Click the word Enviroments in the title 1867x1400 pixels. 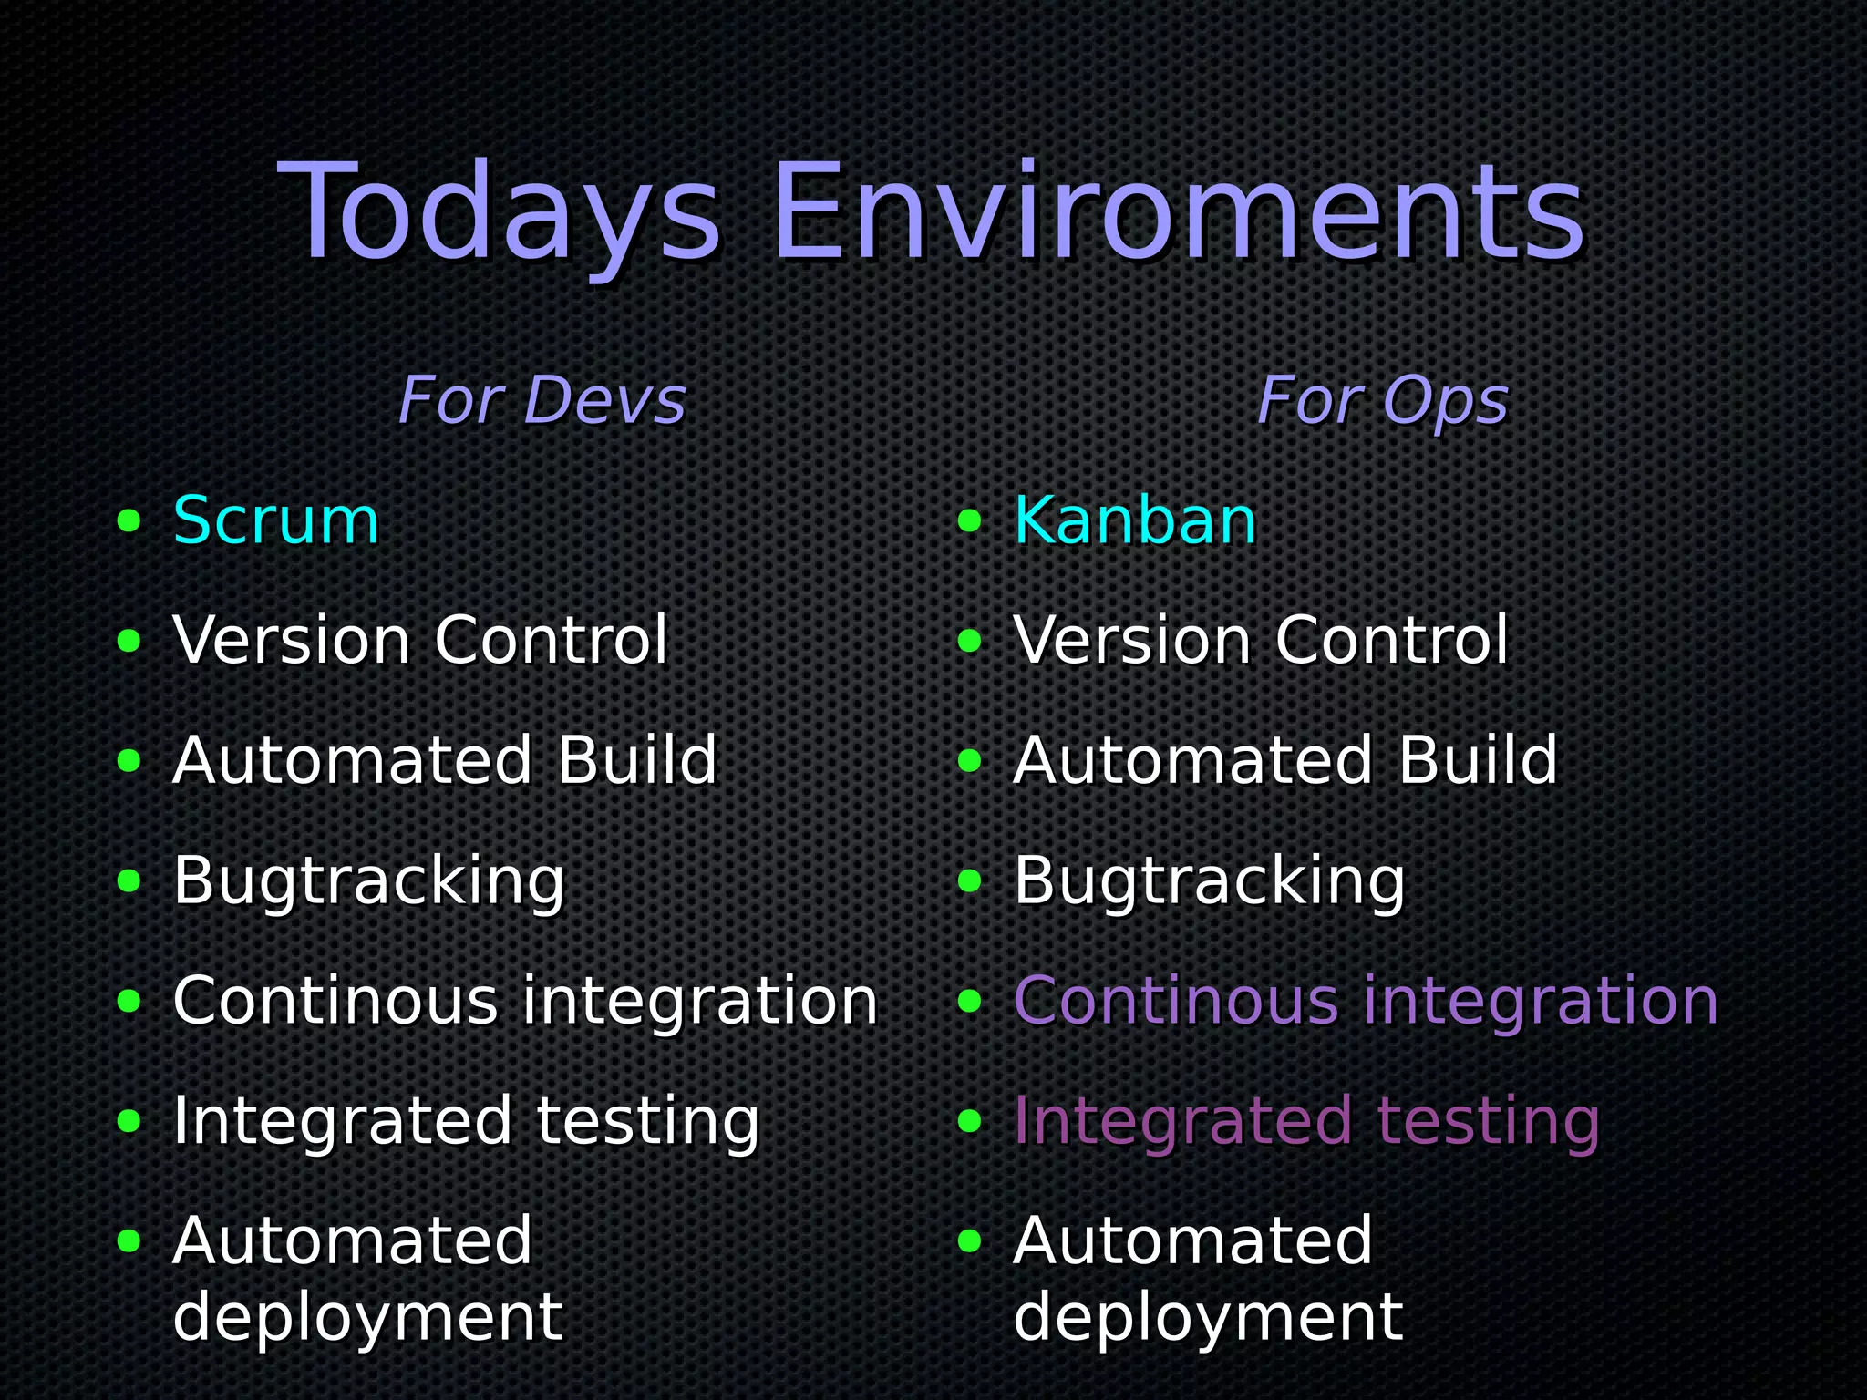coord(1178,214)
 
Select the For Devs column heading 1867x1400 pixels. coord(542,401)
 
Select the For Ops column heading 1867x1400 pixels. coord(1382,401)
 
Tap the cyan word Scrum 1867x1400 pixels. coord(275,521)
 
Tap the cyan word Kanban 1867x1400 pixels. coord(1135,521)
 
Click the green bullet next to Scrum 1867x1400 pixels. coord(129,521)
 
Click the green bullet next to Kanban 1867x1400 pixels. coord(970,521)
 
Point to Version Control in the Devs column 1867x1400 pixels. coord(420,641)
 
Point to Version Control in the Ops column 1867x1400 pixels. coord(1261,641)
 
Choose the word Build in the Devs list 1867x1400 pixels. coord(637,761)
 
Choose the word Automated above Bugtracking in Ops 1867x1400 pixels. coord(1192,761)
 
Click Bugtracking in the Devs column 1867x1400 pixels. coord(369,882)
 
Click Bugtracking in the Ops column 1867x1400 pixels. coord(1210,882)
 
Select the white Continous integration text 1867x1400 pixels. coord(525,1001)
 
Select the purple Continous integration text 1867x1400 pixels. coord(1366,1001)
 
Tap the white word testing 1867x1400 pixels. coord(647,1121)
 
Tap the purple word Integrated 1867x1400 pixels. coord(1182,1121)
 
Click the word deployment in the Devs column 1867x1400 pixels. coord(367,1318)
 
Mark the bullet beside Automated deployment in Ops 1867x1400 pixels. coord(970,1240)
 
